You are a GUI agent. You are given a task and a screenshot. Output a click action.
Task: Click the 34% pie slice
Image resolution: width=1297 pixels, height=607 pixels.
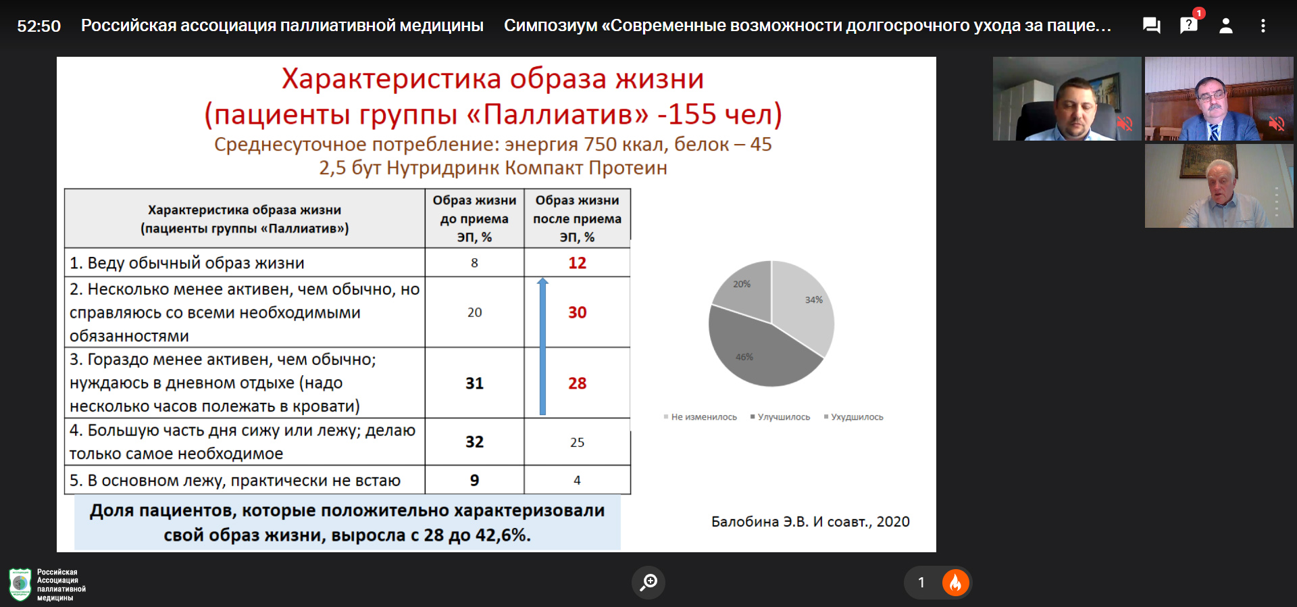coord(804,304)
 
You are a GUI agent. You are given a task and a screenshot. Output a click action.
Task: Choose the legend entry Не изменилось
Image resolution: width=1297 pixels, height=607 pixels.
coord(701,417)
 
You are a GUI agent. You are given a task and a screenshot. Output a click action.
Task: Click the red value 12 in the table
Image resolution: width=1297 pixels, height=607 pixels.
coord(577,263)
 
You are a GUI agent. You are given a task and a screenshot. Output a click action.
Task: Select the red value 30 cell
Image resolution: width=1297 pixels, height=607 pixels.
coord(577,312)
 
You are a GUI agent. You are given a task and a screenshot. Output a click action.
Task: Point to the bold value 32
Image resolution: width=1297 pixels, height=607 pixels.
coord(474,442)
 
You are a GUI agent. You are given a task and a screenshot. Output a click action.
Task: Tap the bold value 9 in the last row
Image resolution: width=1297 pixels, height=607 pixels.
coord(474,481)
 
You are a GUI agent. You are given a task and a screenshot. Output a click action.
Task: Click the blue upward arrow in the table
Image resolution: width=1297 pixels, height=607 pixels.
coord(542,346)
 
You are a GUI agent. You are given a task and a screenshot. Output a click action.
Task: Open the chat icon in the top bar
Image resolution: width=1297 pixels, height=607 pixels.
coord(1151,26)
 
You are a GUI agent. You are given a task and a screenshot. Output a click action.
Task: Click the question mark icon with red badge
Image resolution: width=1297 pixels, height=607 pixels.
coord(1189,25)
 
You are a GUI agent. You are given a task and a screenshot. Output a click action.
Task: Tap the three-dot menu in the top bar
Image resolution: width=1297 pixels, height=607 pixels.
coord(1263,26)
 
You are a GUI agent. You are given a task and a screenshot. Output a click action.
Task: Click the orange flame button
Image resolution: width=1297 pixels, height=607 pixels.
coord(955,583)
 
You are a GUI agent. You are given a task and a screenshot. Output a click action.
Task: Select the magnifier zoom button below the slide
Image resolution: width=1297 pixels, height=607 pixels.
coord(648,582)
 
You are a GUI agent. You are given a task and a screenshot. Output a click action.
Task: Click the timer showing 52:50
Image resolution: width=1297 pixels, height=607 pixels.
coord(39,26)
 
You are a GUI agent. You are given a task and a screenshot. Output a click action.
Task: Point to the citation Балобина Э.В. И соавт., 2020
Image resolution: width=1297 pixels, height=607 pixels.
coord(810,522)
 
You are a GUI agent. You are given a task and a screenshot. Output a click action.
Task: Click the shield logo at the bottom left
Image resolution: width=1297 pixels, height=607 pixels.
coord(20,585)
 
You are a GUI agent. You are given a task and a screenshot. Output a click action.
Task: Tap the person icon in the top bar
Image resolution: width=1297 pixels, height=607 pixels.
coord(1225,26)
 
